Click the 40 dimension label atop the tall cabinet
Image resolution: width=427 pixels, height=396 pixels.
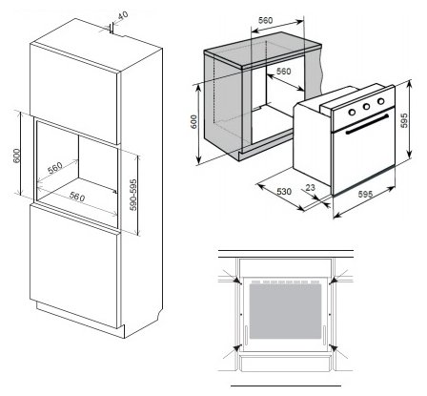[x=123, y=15]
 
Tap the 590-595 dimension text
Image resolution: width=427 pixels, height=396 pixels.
[x=133, y=195]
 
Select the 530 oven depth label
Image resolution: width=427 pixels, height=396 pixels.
[x=284, y=192]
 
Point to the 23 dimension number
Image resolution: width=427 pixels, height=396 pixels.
[x=310, y=188]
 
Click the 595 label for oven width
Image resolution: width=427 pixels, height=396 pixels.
[x=365, y=194]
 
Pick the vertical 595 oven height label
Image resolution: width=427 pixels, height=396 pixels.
[x=404, y=120]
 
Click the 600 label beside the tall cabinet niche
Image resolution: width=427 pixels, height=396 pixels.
[x=17, y=156]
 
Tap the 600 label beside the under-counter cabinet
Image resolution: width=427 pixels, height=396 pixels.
[x=193, y=122]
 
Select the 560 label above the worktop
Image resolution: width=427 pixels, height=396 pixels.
[x=265, y=20]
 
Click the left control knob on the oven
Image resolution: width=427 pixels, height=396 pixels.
[x=352, y=112]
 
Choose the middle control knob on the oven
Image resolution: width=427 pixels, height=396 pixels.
[x=366, y=107]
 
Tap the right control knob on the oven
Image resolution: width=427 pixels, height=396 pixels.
[x=380, y=101]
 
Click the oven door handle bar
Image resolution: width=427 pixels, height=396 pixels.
[x=367, y=124]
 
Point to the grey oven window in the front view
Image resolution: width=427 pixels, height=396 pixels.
[x=285, y=311]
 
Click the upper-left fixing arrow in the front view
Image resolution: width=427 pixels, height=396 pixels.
[x=232, y=277]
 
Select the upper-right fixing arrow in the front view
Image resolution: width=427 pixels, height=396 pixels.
[x=338, y=277]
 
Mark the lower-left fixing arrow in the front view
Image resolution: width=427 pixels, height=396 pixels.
[x=232, y=351]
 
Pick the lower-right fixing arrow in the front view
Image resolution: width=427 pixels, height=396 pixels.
[x=338, y=351]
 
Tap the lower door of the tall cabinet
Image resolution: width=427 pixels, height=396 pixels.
[x=74, y=265]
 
